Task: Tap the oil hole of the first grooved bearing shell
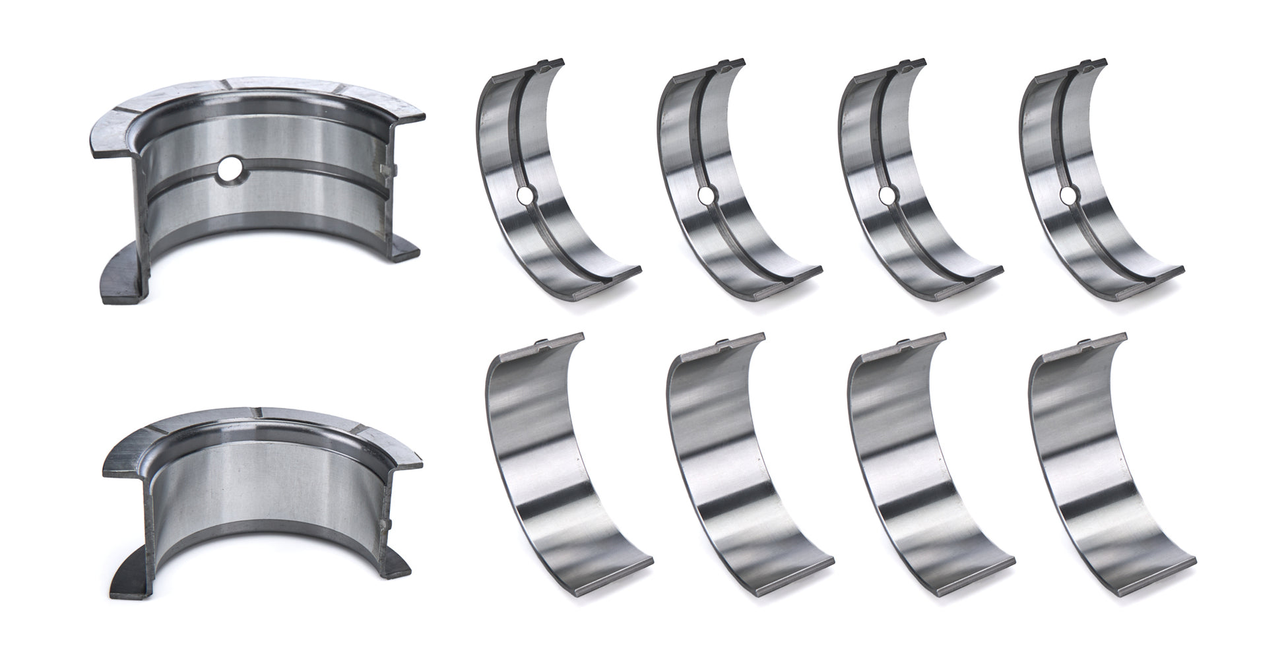[x=525, y=195]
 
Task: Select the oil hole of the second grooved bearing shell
[x=706, y=195]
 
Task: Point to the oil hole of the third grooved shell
[x=887, y=195]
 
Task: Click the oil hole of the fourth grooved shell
[x=1067, y=195]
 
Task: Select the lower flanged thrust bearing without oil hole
[x=264, y=488]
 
